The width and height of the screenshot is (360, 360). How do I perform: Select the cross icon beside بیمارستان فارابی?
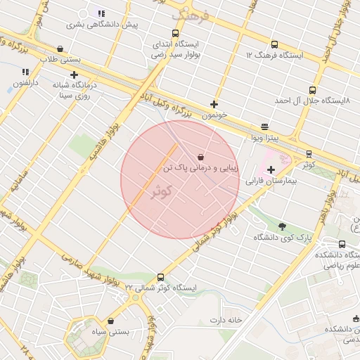(271, 169)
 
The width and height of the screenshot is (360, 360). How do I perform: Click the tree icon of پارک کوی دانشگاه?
(283, 226)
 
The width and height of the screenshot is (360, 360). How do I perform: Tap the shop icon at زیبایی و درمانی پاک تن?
(202, 157)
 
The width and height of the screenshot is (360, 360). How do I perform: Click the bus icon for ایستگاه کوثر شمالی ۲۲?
(161, 277)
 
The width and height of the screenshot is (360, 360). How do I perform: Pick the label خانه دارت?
(225, 320)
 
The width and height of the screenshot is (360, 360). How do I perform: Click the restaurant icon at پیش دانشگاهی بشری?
(102, 13)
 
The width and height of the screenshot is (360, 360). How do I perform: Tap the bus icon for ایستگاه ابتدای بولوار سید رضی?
(175, 33)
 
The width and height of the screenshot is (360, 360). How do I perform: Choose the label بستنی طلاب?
(60, 60)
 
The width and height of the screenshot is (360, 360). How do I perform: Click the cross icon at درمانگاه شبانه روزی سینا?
(74, 74)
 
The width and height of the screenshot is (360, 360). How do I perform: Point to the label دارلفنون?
(26, 83)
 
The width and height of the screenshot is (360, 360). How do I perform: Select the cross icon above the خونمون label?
(214, 104)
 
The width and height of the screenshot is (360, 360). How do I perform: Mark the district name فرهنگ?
(191, 14)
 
